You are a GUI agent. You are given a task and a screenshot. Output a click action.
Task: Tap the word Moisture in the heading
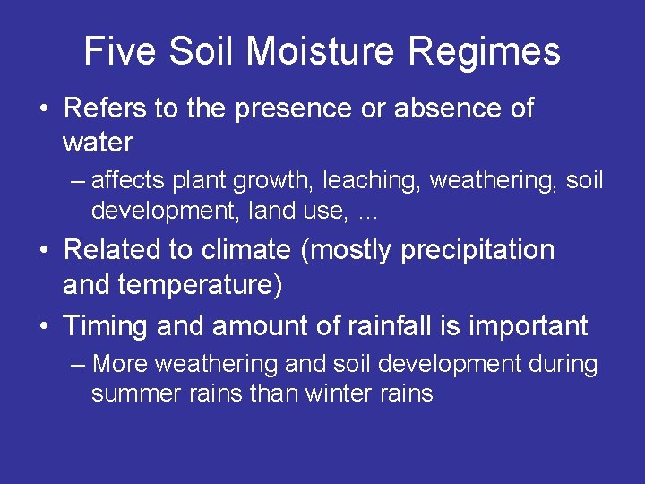pos(321,51)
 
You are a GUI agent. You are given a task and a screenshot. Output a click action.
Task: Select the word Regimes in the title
pos(484,53)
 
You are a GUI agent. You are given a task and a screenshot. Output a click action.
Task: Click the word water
pos(98,142)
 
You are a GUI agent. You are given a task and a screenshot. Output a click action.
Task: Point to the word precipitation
pos(477,251)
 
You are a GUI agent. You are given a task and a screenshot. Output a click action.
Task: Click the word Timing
pos(107,326)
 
